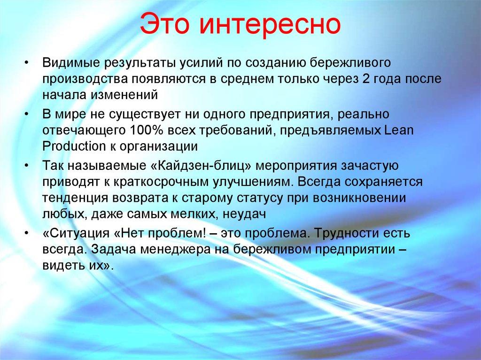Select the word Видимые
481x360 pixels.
click(71, 63)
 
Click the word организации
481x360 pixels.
click(155, 146)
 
